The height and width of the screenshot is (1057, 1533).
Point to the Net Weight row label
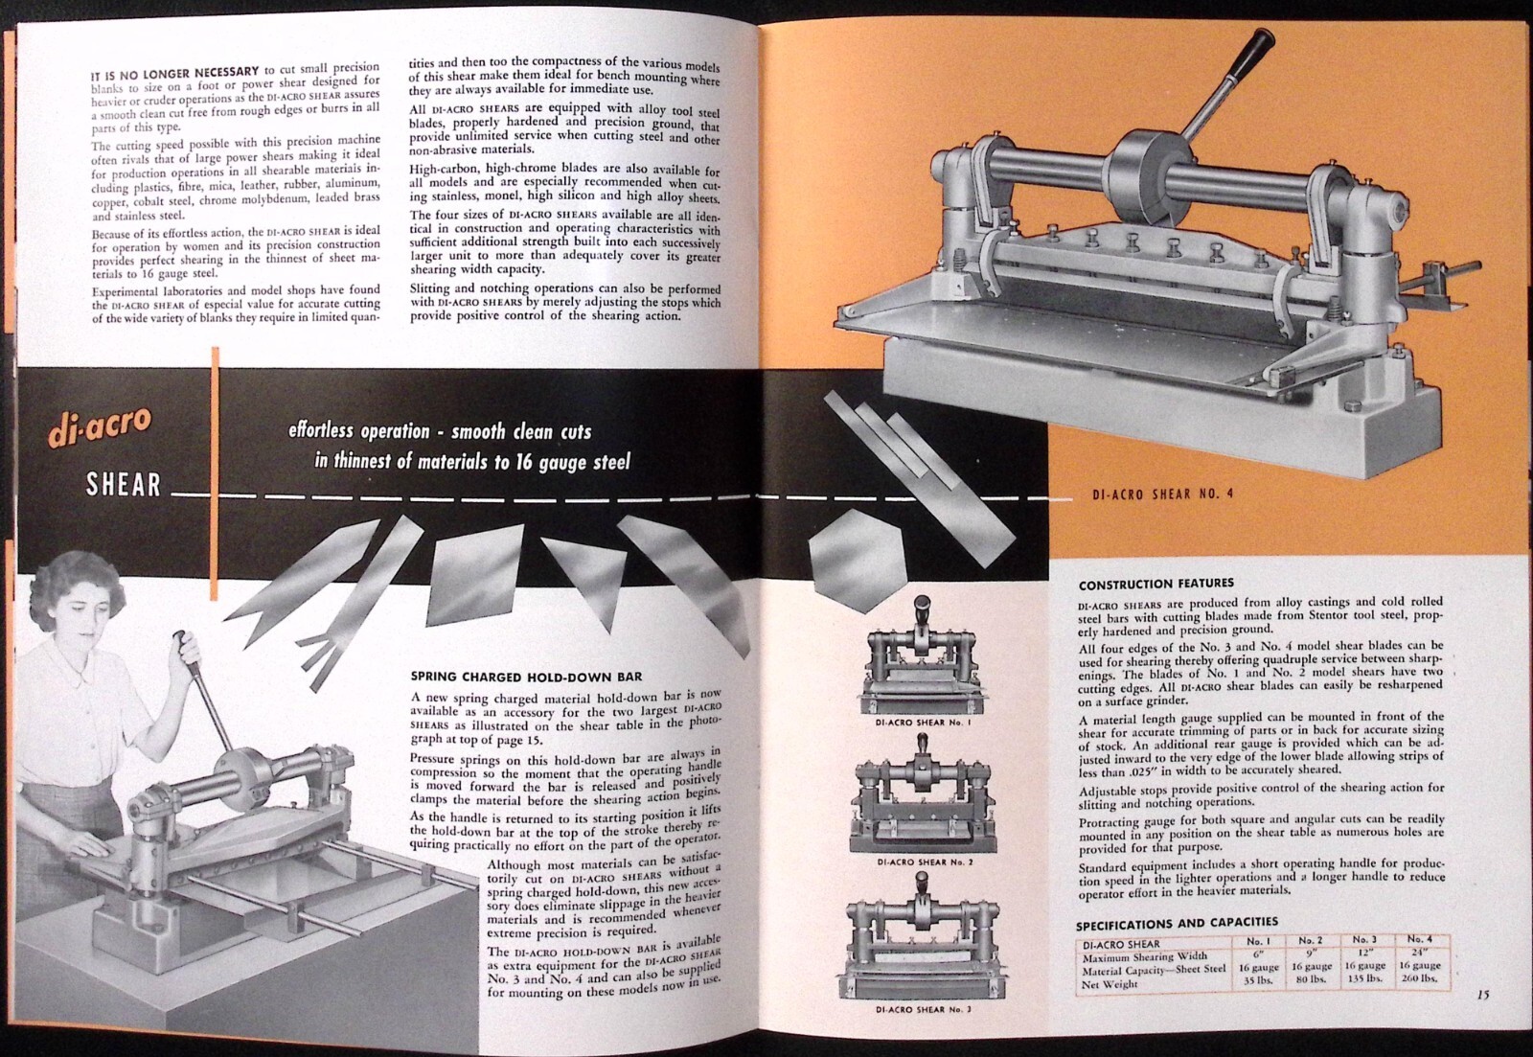(x=1111, y=984)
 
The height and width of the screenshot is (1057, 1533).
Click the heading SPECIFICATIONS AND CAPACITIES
(x=1177, y=925)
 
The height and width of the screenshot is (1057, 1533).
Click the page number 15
(x=1482, y=995)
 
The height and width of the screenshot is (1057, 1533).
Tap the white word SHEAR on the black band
(x=124, y=486)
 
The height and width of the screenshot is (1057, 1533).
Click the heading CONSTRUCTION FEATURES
(x=1155, y=584)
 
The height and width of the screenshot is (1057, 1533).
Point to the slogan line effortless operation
(x=441, y=432)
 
